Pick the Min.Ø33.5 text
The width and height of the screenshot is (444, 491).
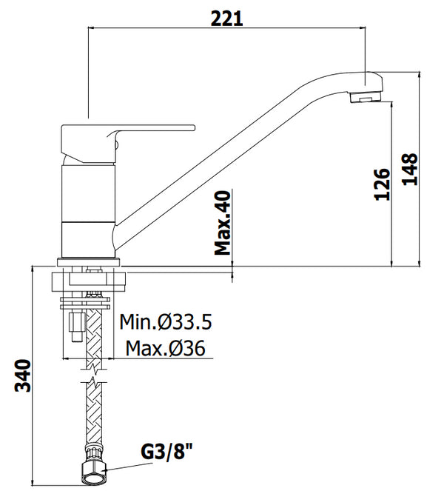tap(166, 323)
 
